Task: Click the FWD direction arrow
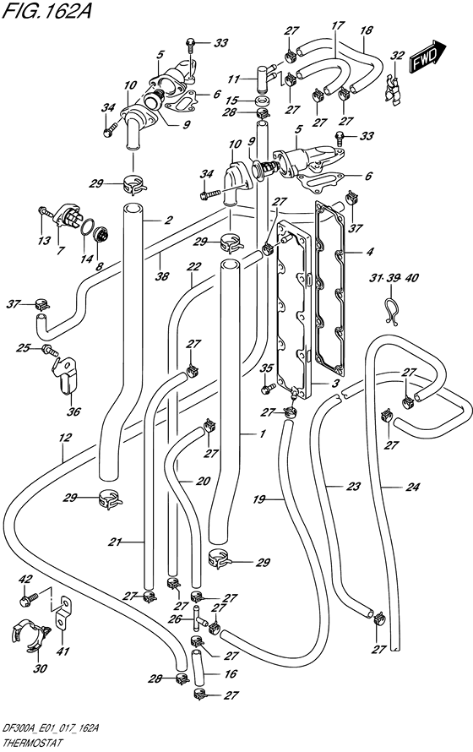[x=427, y=56]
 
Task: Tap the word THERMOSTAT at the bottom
[x=30, y=744]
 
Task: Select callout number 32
[x=397, y=56]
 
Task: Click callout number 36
[x=74, y=411]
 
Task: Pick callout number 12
[x=66, y=438]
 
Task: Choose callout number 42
[x=24, y=579]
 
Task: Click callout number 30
[x=41, y=668]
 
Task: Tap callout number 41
[x=63, y=651]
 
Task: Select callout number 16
[x=231, y=673]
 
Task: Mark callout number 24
[x=412, y=488]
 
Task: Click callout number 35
[x=266, y=368]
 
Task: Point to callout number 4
[x=368, y=251]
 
